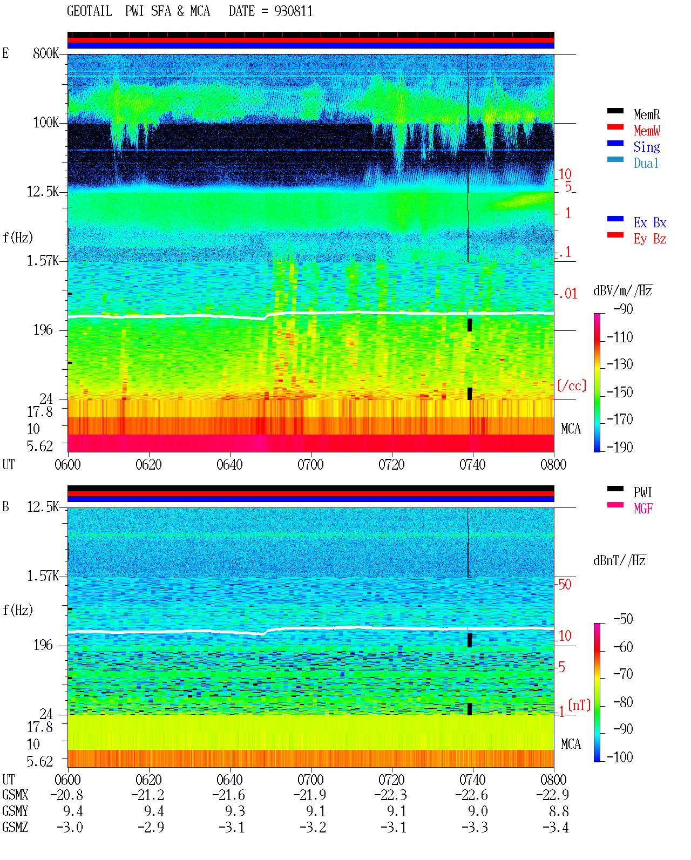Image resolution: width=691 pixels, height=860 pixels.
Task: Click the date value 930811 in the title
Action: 293,11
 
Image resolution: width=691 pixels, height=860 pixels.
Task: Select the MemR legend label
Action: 646,114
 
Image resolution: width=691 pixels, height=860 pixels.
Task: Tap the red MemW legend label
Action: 646,131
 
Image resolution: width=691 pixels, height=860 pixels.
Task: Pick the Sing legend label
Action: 646,147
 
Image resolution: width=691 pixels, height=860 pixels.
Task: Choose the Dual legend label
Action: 646,163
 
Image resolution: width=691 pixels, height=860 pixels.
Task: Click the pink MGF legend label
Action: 643,509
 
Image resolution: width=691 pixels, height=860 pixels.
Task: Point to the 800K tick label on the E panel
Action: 45,53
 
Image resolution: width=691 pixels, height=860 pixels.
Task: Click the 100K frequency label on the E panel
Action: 45,123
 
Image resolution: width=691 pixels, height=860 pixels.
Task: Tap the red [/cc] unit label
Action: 572,385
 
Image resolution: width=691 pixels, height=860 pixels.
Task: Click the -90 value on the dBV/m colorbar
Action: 623,309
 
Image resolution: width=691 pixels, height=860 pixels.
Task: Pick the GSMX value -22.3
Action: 390,795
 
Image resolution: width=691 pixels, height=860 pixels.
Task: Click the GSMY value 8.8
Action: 558,811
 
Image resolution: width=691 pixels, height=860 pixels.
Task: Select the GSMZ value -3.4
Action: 555,827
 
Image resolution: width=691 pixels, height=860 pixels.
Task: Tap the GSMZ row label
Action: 15,827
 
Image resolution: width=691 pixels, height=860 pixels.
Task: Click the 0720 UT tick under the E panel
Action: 391,464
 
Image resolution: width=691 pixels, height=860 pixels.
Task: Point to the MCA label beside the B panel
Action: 571,744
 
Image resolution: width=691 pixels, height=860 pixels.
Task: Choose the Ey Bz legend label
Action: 649,239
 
